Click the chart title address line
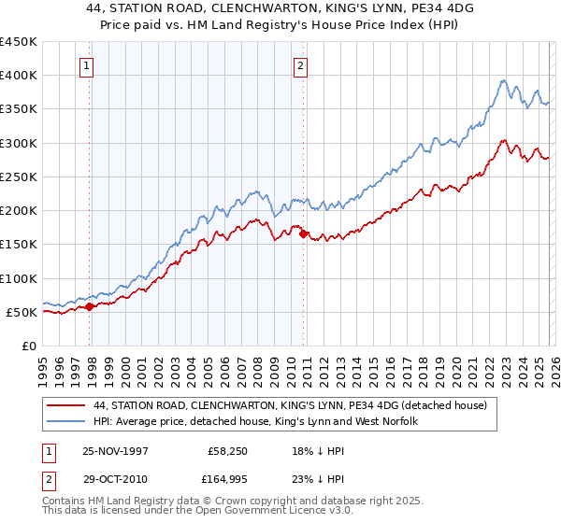point(280,8)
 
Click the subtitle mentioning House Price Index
point(280,25)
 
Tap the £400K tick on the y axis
point(19,76)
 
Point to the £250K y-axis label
point(19,177)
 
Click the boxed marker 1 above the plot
point(86,65)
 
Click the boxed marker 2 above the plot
point(300,65)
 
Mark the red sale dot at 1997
point(90,306)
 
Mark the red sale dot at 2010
point(304,234)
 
